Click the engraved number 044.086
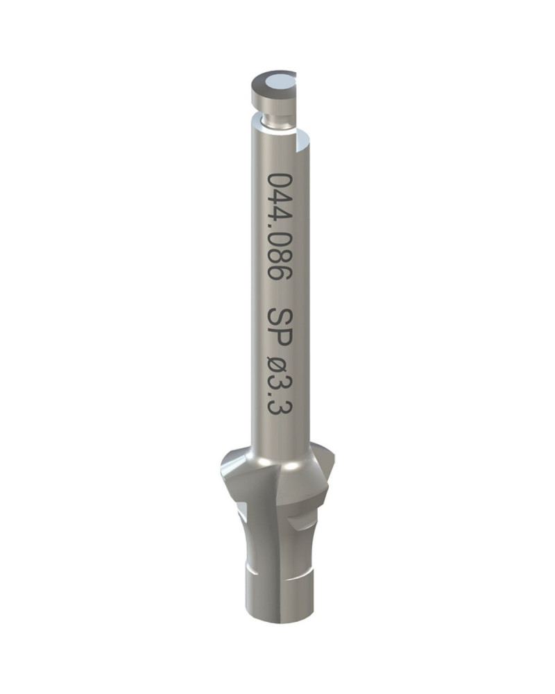click(x=280, y=226)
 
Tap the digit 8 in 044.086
click(x=280, y=253)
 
